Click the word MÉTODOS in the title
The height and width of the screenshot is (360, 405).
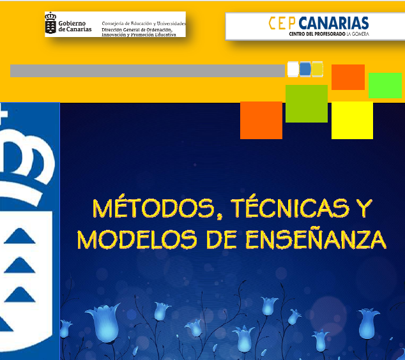point(154,208)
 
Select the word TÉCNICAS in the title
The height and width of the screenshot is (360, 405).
point(290,208)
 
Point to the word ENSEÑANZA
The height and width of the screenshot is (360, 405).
point(316,239)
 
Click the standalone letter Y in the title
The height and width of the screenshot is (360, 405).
point(363,208)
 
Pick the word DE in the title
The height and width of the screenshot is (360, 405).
point(222,239)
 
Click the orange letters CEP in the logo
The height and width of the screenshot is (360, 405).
point(282,23)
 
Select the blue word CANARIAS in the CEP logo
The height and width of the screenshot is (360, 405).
point(333,23)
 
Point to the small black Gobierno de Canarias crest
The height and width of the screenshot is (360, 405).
point(50,23)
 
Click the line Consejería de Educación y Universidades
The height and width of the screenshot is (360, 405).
point(144,24)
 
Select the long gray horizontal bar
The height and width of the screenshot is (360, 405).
point(148,71)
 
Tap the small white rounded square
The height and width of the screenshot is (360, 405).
point(293,69)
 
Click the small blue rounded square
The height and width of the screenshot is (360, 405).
point(305,69)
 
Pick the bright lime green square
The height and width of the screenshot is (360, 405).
point(385,86)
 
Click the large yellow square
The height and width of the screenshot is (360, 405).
point(352,120)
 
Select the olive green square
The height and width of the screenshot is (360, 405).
point(307,103)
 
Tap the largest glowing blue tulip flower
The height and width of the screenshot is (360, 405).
point(103,322)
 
